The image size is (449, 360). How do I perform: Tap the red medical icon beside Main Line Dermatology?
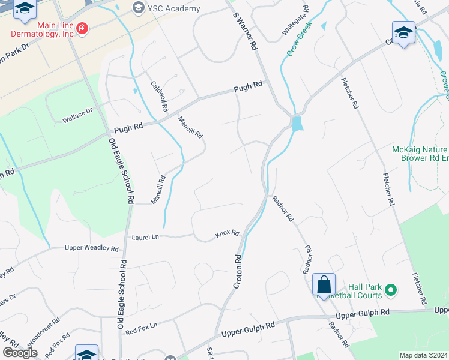(81, 29)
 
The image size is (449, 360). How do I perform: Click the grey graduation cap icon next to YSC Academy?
(139, 8)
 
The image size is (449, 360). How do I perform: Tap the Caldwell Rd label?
(158, 96)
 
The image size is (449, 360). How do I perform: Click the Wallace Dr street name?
(77, 116)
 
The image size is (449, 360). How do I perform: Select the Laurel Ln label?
(146, 238)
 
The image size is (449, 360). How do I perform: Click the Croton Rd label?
(237, 270)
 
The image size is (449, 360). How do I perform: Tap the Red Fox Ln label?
(141, 327)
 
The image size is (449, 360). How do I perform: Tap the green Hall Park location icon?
(391, 291)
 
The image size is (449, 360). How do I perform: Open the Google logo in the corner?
(20, 353)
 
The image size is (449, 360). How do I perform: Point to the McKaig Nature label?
(420, 149)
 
